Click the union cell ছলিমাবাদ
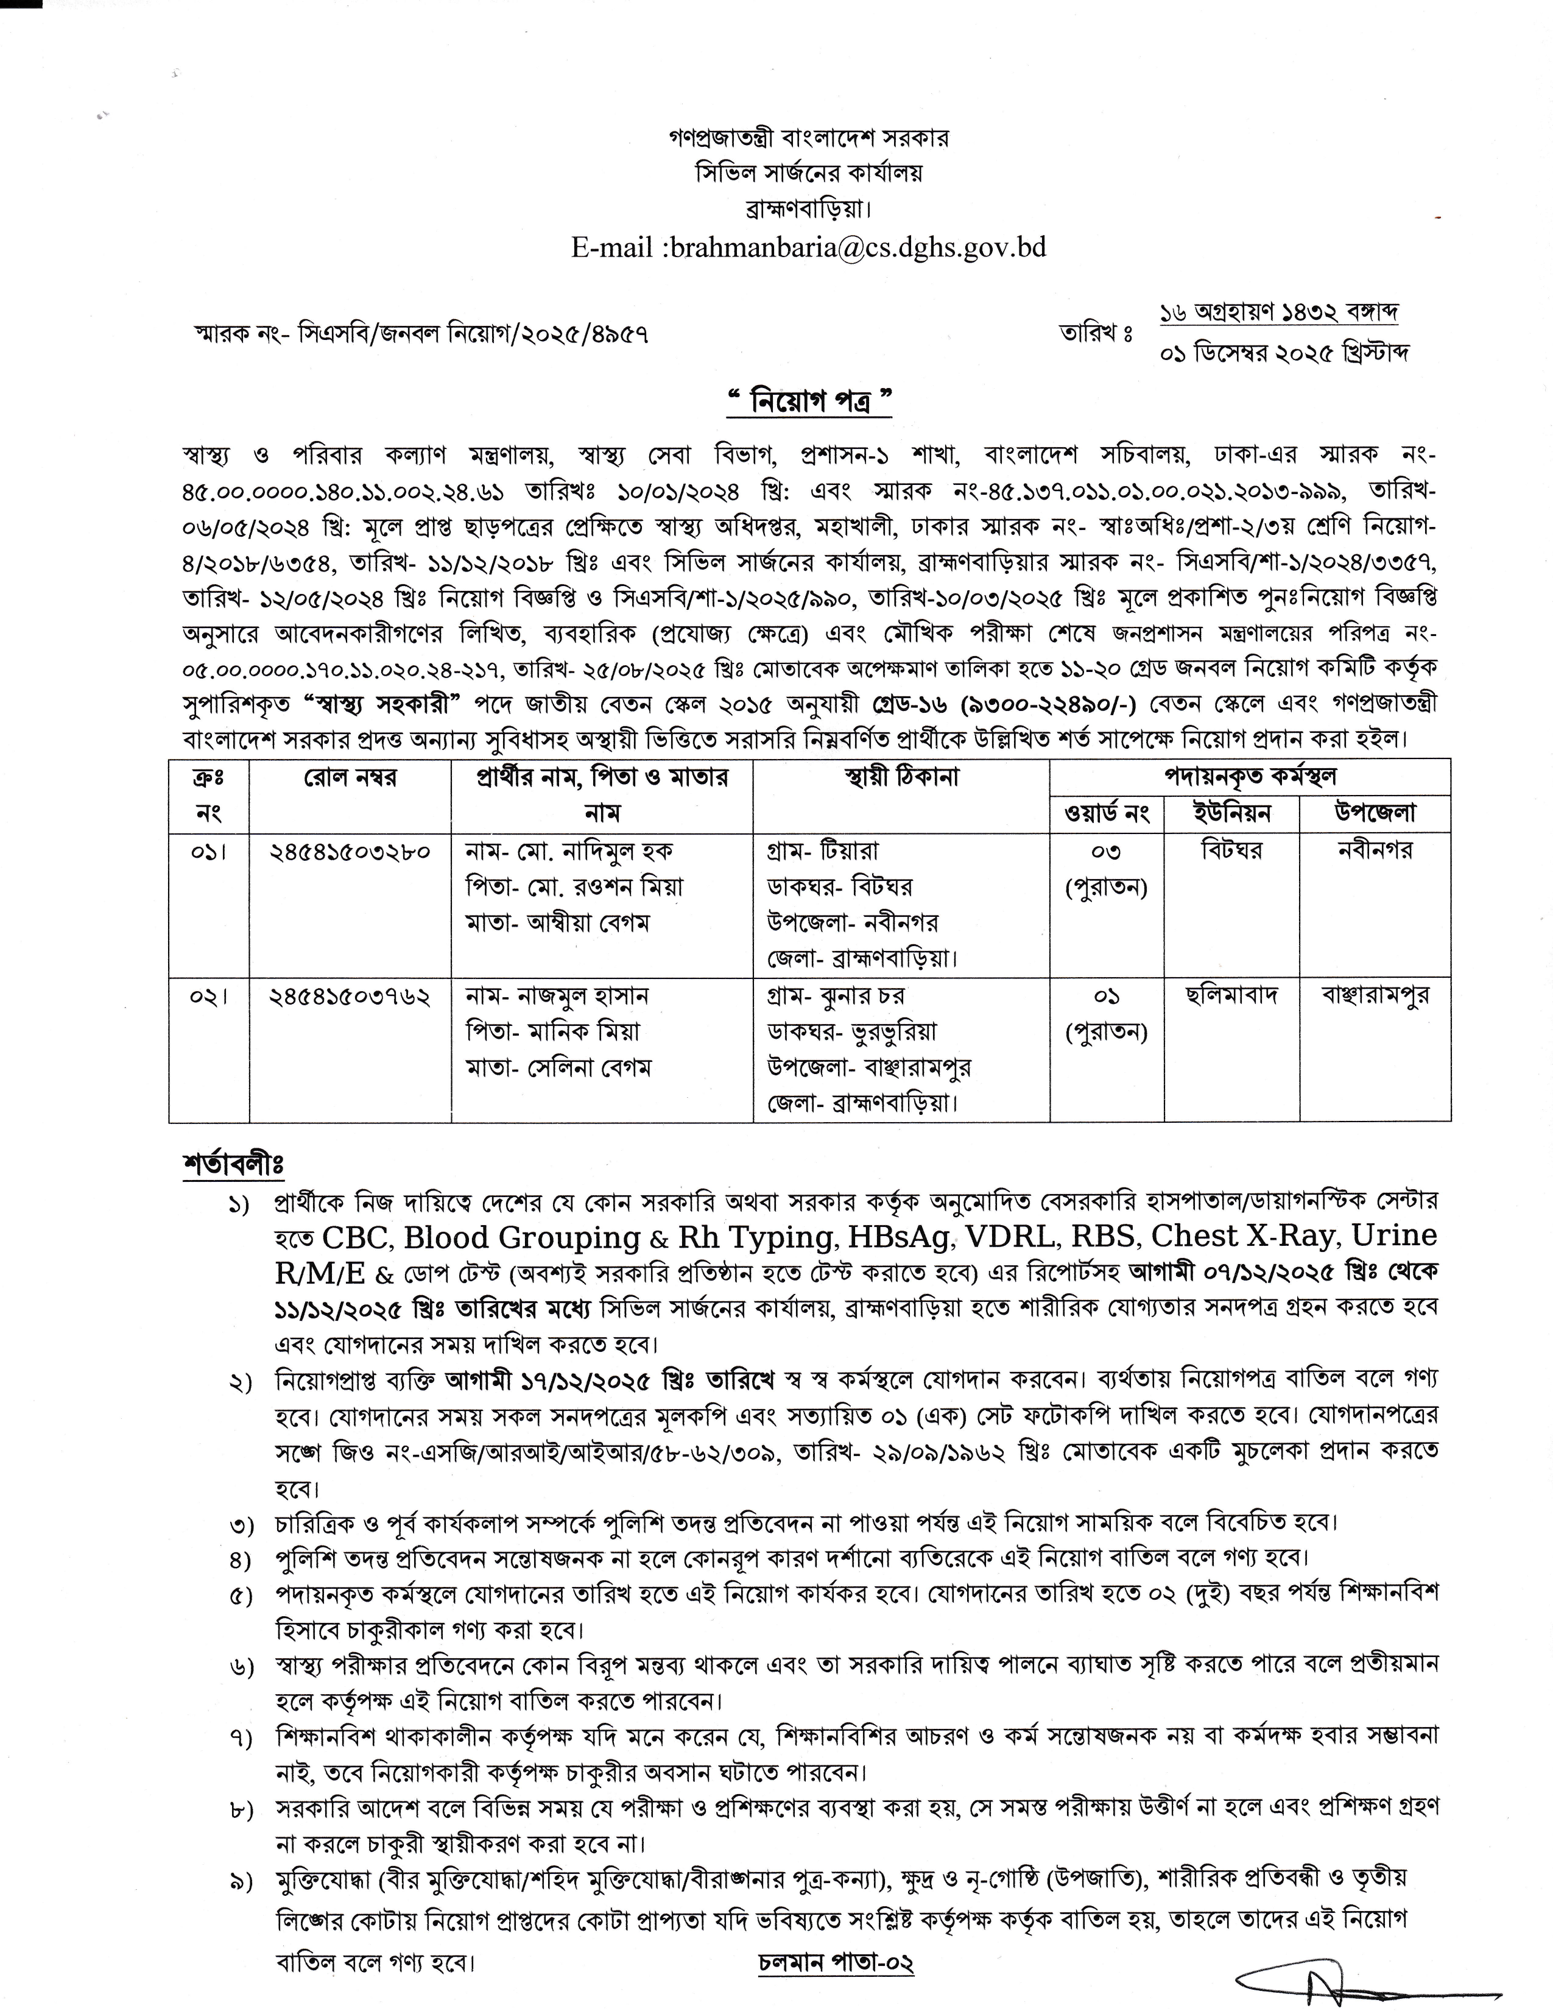tap(1231, 996)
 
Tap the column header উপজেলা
tap(1375, 813)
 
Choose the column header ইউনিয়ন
tap(1231, 813)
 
